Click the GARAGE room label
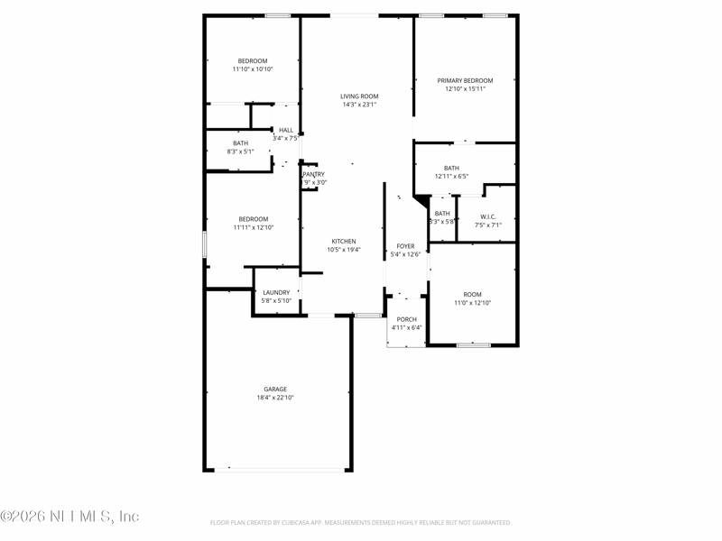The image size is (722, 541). [275, 390]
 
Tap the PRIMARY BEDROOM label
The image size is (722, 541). [465, 80]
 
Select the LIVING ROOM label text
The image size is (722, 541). [359, 96]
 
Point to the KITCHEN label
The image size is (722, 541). [344, 242]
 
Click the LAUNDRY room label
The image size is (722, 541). [276, 292]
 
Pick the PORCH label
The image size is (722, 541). [407, 319]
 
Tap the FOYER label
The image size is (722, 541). [406, 246]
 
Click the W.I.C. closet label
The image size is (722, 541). [487, 216]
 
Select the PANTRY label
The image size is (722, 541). [314, 174]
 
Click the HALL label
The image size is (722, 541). [286, 130]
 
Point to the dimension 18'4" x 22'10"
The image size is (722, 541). [275, 398]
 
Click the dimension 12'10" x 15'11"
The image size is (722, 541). [465, 88]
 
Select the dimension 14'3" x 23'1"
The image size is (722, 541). [359, 105]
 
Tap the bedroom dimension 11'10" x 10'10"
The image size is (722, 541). [253, 69]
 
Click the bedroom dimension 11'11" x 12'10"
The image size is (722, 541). [253, 227]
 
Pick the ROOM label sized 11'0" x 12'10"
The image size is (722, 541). [473, 295]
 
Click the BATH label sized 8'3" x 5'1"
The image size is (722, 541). [240, 143]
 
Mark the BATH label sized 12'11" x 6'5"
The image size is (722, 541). [451, 169]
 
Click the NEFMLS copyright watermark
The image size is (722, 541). [69, 517]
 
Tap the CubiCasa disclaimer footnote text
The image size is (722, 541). [361, 522]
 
